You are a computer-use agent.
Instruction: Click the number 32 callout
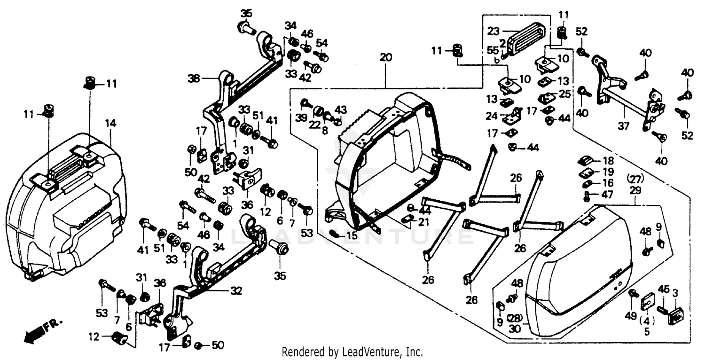tap(235, 291)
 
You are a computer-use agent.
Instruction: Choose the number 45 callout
tap(663, 288)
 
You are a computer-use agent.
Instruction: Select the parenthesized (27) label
tap(634, 179)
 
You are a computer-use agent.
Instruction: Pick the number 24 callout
tap(492, 116)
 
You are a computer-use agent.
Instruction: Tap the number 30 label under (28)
tap(515, 329)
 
